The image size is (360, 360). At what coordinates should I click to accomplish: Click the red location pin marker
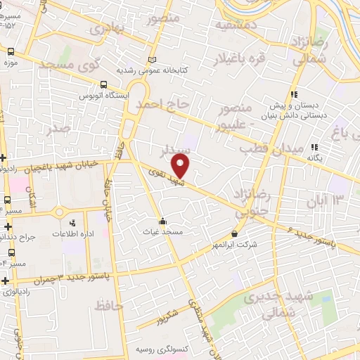click(x=181, y=166)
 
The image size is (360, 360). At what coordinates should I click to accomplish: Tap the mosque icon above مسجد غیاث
click(x=163, y=219)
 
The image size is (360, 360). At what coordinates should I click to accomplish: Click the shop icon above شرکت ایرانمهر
click(x=234, y=233)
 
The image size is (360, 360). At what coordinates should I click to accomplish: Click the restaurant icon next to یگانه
click(x=315, y=147)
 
